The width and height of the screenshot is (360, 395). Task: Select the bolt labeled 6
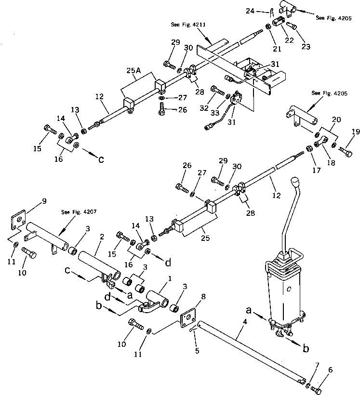click(x=316, y=388)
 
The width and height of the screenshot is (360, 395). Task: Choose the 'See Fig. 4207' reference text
click(x=75, y=212)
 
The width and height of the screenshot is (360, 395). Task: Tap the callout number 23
click(x=306, y=47)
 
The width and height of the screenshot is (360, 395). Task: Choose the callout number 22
click(x=290, y=40)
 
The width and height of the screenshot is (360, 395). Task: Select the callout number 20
click(x=337, y=119)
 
